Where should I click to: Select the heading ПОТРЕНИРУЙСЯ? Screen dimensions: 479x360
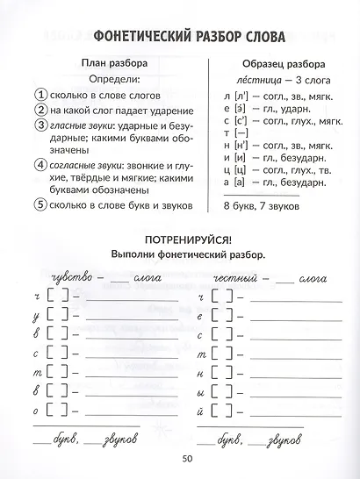point(180,239)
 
